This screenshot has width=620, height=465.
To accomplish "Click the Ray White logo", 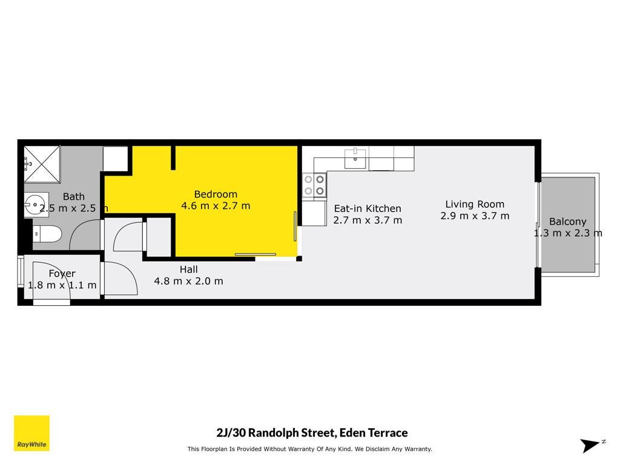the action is click(31, 433).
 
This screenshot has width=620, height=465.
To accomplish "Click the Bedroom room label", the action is click(216, 194).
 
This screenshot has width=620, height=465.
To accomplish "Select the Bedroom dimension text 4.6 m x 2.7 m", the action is click(216, 206).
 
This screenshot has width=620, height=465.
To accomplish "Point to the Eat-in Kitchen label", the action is click(368, 208).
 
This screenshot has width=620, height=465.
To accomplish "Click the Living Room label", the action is click(475, 205).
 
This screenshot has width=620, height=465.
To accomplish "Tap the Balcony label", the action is click(568, 222).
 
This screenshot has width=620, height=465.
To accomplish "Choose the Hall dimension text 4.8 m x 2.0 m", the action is click(189, 281).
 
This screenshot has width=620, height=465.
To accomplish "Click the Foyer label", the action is click(62, 274).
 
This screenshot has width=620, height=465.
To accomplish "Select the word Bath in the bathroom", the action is click(73, 197).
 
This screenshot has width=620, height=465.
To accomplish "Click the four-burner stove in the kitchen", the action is click(314, 185).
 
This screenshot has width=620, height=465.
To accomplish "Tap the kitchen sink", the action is click(355, 158).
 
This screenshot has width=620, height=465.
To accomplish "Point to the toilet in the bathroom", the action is click(47, 234).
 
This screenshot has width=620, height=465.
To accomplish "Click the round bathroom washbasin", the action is click(36, 205).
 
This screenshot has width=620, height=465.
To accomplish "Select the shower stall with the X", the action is click(42, 165).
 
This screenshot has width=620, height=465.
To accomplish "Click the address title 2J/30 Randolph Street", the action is click(312, 432).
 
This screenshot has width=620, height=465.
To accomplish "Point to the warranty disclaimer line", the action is click(309, 449).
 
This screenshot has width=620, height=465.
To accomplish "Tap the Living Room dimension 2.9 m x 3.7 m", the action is click(475, 216).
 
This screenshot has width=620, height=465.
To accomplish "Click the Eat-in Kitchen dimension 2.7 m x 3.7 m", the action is click(368, 220).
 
